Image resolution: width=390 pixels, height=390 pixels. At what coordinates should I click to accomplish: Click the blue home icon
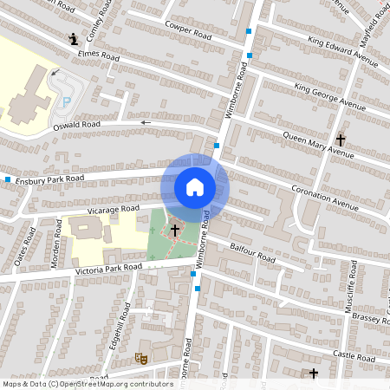coord(195,187)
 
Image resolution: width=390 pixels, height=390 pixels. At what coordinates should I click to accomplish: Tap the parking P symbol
coord(67,102)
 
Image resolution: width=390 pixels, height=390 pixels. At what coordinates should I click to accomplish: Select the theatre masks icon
coord(140,357)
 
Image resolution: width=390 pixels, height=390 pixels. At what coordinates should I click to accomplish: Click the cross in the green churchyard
coord(175,230)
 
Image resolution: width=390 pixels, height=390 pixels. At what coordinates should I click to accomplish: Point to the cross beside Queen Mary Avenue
coord(340,139)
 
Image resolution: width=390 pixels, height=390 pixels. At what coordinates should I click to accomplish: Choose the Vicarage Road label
coord(113,209)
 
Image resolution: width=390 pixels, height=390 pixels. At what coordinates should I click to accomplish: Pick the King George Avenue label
coord(330,95)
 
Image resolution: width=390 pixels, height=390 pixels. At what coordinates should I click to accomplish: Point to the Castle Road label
coord(354,357)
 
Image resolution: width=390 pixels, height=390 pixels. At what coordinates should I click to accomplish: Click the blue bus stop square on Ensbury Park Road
coord(8,179)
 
